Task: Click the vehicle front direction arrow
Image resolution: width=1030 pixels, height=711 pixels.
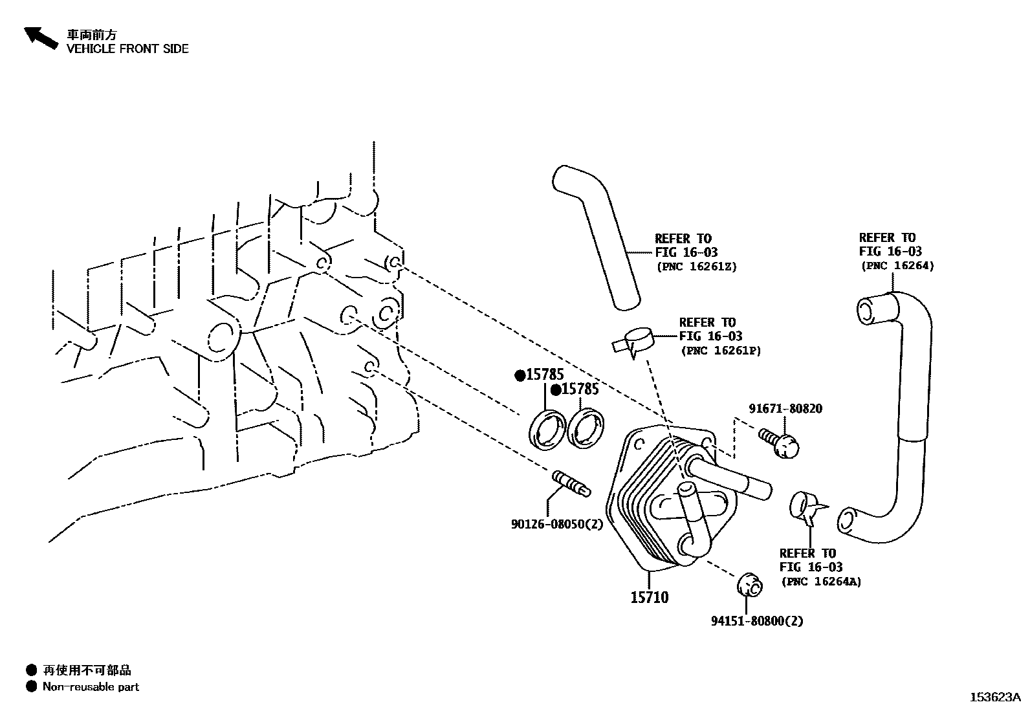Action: point(40,38)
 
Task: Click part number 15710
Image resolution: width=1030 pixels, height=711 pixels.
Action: point(650,597)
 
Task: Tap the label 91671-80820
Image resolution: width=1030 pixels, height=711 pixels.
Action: point(785,409)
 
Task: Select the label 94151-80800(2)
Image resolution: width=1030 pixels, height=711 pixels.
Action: point(757,621)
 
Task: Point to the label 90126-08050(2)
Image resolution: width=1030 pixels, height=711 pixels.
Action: point(556,525)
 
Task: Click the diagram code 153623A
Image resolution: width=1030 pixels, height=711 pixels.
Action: point(994,697)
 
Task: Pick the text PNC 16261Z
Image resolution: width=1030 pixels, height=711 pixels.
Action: point(696,266)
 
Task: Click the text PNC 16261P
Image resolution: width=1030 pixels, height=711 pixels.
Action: point(721,351)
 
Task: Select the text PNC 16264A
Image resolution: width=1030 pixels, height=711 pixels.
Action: point(821,582)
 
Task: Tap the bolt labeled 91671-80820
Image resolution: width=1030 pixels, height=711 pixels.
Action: point(780,443)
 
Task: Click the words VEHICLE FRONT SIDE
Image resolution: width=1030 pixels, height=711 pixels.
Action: point(127,49)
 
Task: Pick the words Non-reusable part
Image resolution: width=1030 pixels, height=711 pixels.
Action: point(91,686)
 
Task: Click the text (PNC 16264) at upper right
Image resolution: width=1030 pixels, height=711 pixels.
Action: point(897,265)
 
